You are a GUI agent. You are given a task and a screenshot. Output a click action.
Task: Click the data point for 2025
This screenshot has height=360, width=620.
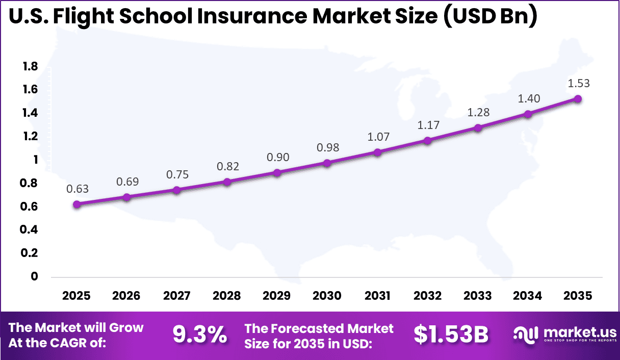click(x=77, y=204)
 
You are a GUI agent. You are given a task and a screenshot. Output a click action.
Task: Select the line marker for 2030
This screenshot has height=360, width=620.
click(x=327, y=163)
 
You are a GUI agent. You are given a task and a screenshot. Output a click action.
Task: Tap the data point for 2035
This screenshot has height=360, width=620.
click(x=578, y=99)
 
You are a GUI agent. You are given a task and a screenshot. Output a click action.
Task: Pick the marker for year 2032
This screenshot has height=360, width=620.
click(x=427, y=141)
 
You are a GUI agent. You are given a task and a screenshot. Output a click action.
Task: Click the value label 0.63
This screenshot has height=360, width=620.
click(x=77, y=189)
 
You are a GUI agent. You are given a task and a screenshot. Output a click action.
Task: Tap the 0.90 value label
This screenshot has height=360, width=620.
click(x=277, y=157)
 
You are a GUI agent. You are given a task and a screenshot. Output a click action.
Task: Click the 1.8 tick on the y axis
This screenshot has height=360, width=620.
click(x=30, y=66)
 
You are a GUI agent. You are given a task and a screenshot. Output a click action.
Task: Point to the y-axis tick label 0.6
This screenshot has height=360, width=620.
click(x=30, y=207)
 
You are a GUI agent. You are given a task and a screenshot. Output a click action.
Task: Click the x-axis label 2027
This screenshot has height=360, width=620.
click(x=177, y=296)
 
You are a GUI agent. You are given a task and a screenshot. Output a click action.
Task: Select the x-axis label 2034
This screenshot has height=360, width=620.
click(x=528, y=296)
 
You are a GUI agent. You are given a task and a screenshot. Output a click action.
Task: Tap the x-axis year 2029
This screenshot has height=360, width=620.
click(x=277, y=296)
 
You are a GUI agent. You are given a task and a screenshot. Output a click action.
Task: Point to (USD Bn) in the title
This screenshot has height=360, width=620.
click(x=490, y=17)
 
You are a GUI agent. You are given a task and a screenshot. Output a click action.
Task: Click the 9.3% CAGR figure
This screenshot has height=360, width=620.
click(x=199, y=335)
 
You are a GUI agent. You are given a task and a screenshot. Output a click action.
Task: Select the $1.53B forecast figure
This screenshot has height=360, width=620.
click(x=451, y=335)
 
